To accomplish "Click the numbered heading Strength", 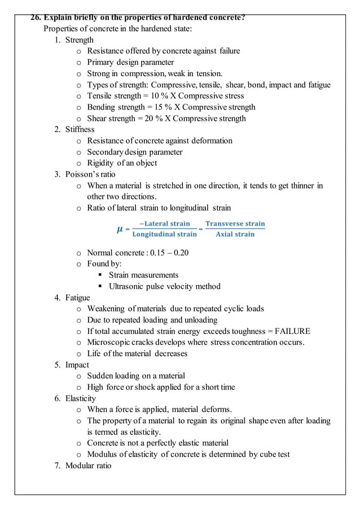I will pos(79,40).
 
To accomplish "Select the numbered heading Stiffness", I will pos(80,130).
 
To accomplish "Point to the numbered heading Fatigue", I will pos(77,297).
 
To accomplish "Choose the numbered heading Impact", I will pos(77,365).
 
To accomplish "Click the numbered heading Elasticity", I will pos(80,398).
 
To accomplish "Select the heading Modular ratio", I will pos(88,466).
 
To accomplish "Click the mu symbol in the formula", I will pos(120,229).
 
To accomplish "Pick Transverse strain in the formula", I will pos(235,223).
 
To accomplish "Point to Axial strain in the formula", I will pos(235,234).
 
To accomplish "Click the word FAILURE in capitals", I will pos(293,331).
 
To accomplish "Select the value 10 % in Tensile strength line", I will pos(159,96).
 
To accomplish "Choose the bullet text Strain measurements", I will pos(143,275).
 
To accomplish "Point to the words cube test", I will pos(273,454).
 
